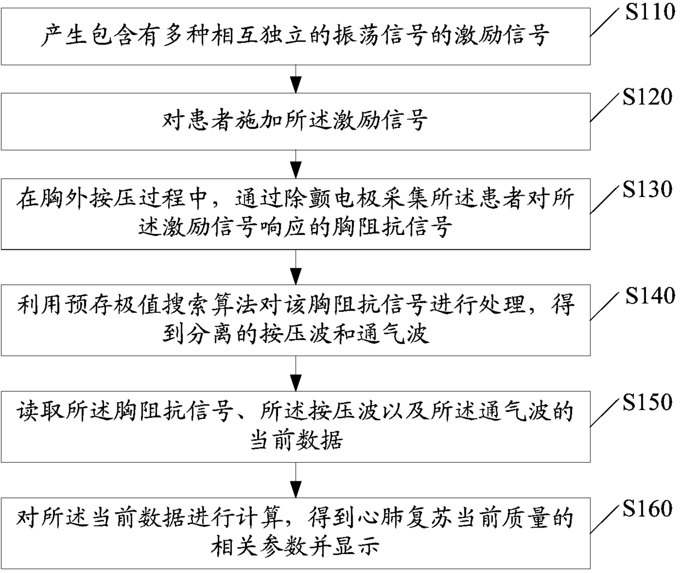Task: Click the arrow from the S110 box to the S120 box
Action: pos(296,79)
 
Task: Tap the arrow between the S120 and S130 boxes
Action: pos(296,164)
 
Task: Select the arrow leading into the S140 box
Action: pos(296,270)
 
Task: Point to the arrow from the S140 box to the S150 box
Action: pos(296,377)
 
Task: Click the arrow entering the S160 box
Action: pos(296,483)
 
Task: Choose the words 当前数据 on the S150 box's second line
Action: pos(296,440)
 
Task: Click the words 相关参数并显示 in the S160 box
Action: pos(296,546)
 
